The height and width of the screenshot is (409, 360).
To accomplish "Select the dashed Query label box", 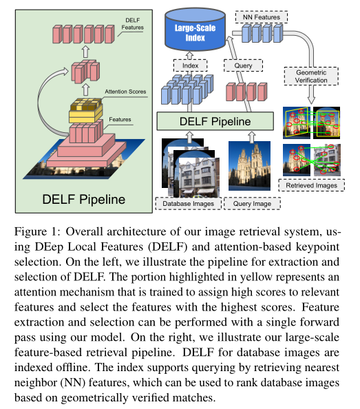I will coord(241,65).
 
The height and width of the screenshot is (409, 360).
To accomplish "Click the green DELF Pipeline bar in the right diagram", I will coord(215,121).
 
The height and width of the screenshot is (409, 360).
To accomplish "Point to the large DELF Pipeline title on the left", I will coord(84,200).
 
